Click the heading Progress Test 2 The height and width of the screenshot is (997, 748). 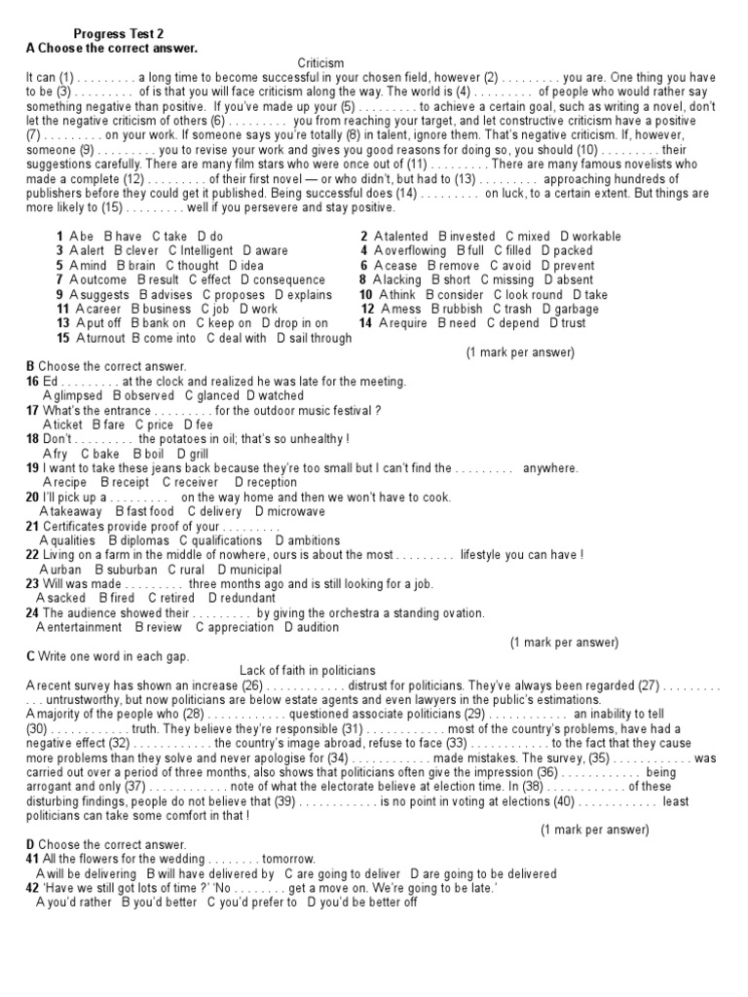point(119,32)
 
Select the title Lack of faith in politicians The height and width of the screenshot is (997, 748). point(307,671)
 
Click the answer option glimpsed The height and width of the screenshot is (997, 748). point(77,395)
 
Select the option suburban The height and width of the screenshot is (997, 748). point(131,570)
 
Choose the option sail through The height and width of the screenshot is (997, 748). point(319,338)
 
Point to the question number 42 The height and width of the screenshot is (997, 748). point(33,888)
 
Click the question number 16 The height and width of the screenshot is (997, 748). point(33,382)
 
